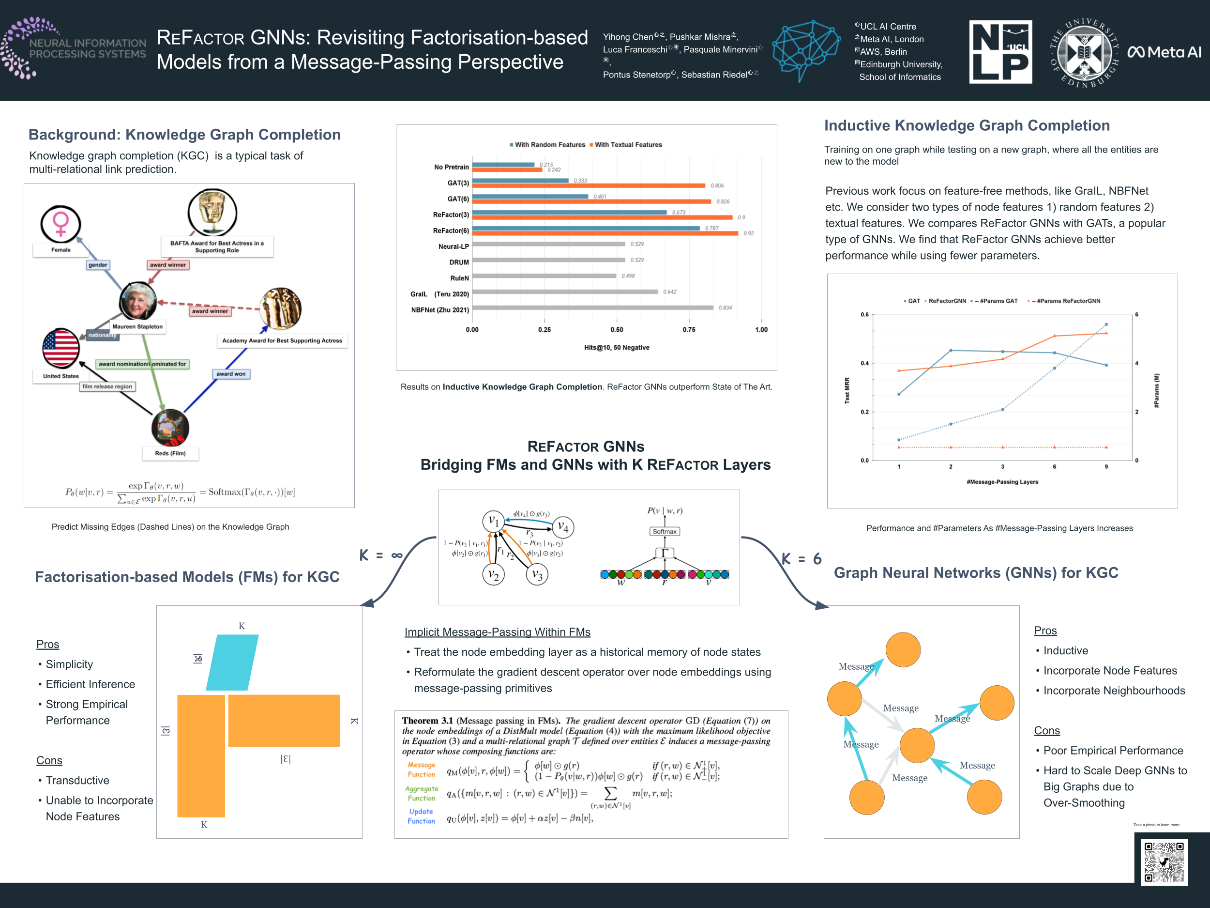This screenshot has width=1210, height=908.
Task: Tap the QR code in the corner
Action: pyautogui.click(x=1164, y=862)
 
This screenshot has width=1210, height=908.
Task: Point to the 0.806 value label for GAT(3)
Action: pyautogui.click(x=717, y=186)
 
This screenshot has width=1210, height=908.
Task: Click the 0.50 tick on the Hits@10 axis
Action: pyautogui.click(x=617, y=329)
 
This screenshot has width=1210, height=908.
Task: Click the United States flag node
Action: pyautogui.click(x=60, y=348)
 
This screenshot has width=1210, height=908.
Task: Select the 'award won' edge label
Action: pyautogui.click(x=231, y=374)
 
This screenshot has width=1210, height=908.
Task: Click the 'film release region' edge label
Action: pyautogui.click(x=107, y=386)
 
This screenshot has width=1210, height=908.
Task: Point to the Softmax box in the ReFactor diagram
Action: pyautogui.click(x=665, y=531)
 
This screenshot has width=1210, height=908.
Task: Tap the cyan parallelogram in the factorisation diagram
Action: pyautogui.click(x=232, y=662)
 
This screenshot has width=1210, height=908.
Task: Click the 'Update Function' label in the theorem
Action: pyautogui.click(x=421, y=816)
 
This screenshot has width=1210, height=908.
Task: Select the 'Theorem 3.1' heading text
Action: pyautogui.click(x=427, y=721)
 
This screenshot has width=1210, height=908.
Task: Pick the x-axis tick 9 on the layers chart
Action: pyautogui.click(x=1106, y=467)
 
